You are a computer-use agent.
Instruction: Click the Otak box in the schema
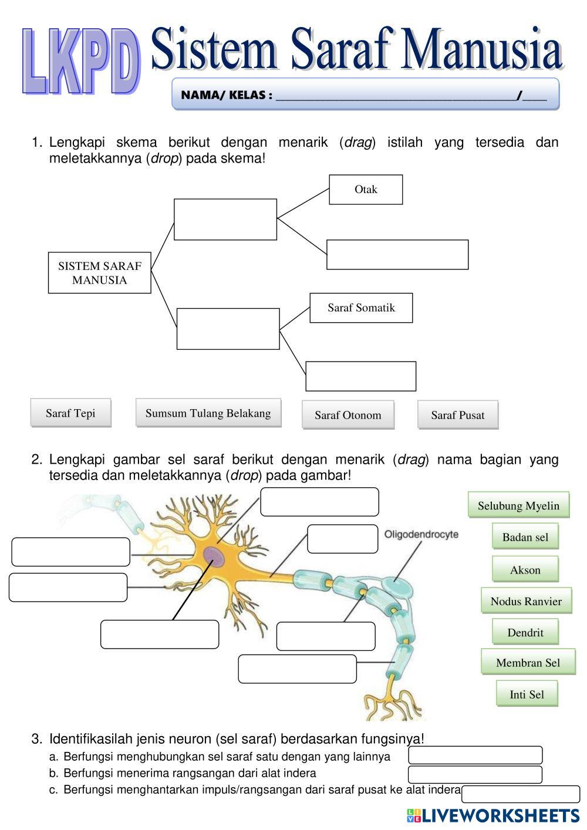point(366,190)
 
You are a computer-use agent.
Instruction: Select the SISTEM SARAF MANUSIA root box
point(99,273)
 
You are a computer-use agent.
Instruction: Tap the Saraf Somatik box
point(361,308)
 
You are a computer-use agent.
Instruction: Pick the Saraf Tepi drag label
point(70,413)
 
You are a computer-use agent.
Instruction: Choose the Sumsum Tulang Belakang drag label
point(208,413)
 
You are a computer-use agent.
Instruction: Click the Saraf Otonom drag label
point(348,415)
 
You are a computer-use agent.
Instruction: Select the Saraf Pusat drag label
point(458,415)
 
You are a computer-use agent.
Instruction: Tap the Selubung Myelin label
point(518,505)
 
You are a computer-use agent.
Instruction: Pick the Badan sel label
point(525,537)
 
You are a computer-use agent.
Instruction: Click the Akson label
point(525,570)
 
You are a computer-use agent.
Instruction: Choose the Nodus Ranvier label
point(526,601)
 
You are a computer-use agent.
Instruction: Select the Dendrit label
point(525,633)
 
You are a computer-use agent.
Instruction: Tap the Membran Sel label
point(528,663)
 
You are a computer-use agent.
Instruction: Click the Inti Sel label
point(527,694)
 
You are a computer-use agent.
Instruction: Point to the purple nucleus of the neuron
point(213,556)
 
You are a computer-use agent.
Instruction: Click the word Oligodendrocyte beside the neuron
point(421,535)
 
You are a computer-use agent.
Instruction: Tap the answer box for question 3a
point(475,755)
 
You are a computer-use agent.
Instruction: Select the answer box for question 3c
point(521,794)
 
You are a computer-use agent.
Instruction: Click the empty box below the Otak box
point(397,255)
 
